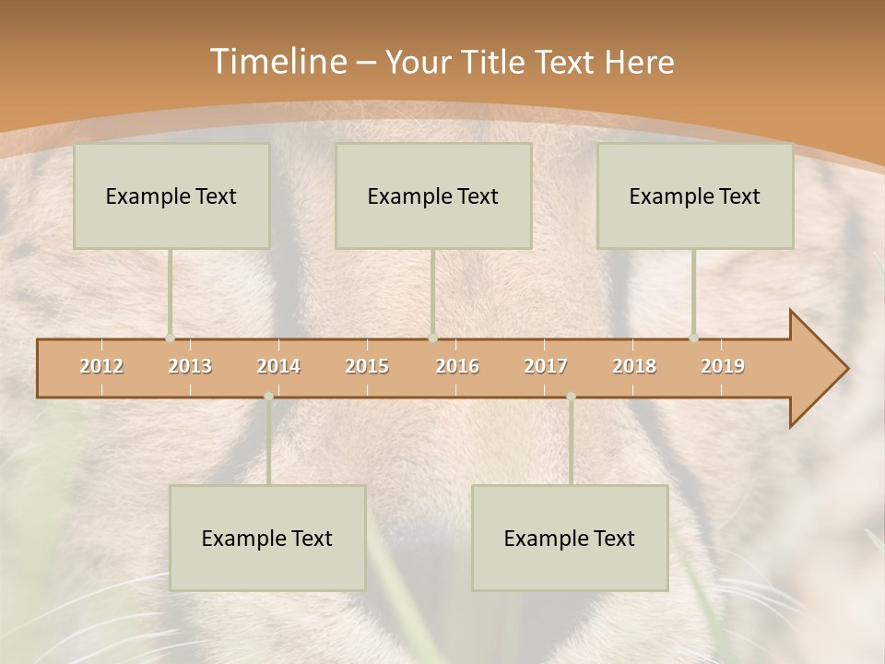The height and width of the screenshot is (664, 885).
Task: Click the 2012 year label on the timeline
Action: tap(101, 366)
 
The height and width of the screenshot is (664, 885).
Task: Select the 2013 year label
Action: tap(190, 366)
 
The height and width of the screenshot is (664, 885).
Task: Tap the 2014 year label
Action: tap(278, 366)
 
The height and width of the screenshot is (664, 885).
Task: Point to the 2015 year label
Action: tap(367, 366)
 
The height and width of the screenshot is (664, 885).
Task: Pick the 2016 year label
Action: tap(457, 366)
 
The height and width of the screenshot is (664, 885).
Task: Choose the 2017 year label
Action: tap(546, 366)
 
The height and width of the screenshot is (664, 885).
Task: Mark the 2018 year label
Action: tap(634, 366)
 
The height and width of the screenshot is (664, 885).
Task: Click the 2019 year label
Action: tap(723, 366)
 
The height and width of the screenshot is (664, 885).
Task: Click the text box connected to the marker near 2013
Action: tap(171, 196)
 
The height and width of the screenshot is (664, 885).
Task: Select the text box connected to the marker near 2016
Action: tap(433, 196)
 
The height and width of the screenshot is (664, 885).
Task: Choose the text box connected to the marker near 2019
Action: tap(695, 196)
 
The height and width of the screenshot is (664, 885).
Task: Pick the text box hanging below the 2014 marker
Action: tap(267, 538)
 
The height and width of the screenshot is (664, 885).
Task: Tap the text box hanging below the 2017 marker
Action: tap(570, 538)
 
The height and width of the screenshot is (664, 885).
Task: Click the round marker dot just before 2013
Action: tap(170, 338)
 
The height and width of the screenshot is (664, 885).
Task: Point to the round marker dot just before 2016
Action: tap(432, 338)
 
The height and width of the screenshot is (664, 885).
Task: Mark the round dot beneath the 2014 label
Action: tap(268, 397)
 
